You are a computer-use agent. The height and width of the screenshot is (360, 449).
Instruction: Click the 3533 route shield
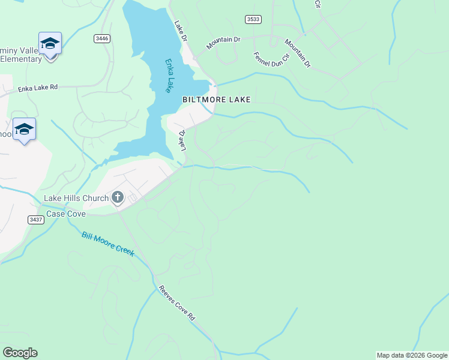click(253, 19)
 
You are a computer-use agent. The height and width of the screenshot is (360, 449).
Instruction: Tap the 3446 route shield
click(102, 38)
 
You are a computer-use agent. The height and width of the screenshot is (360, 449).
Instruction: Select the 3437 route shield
click(35, 220)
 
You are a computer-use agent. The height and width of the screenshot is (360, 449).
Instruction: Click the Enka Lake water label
click(168, 75)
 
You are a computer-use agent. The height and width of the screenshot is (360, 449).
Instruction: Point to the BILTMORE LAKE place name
click(216, 100)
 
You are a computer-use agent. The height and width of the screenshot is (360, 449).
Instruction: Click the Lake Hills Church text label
click(75, 198)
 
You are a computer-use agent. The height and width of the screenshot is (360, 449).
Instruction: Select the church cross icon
click(118, 197)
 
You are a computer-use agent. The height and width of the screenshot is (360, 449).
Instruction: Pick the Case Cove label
click(66, 214)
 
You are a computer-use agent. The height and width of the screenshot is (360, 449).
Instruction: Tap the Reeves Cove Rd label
click(177, 302)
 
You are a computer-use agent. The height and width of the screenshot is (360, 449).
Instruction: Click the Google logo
click(20, 353)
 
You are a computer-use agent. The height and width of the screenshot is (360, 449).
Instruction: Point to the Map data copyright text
click(412, 355)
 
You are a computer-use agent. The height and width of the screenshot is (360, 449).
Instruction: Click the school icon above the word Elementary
click(50, 44)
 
